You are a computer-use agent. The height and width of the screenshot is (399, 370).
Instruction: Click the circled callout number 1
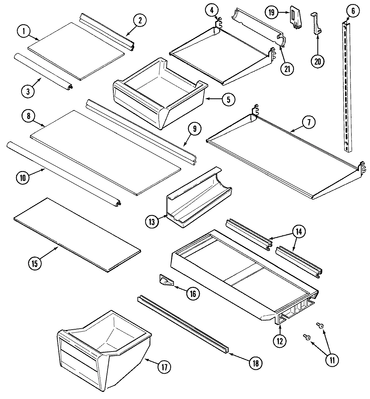coord(24,32)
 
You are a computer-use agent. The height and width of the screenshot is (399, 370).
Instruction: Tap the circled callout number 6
coord(353,11)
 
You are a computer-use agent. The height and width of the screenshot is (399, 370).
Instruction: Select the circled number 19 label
coord(271,12)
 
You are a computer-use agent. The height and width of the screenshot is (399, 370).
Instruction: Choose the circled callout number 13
coord(152,221)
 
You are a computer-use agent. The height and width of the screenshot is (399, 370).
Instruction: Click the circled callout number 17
coord(164,366)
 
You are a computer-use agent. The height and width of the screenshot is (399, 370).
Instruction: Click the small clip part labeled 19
coord(295,18)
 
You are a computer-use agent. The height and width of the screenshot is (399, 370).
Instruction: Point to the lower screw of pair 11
coord(306,336)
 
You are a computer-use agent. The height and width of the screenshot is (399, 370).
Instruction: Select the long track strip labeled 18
coord(183,323)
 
